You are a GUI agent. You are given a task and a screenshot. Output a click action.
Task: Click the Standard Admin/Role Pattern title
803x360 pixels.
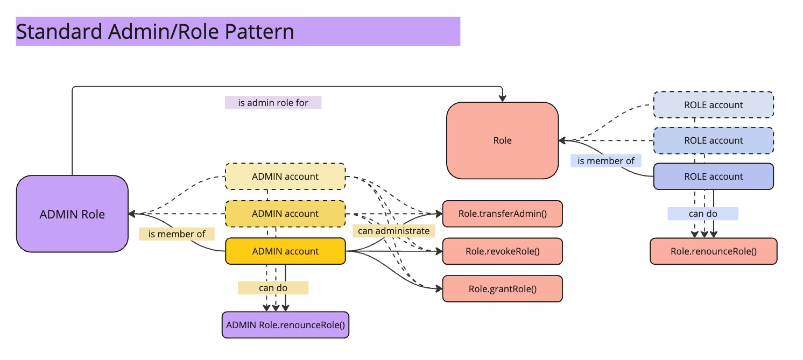pos(155,32)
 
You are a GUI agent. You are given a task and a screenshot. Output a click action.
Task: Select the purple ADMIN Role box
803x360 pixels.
pos(72,214)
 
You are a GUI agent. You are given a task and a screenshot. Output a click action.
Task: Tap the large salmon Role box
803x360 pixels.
pos(502,140)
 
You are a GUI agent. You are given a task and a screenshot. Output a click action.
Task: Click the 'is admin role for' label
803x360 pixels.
pos(273,102)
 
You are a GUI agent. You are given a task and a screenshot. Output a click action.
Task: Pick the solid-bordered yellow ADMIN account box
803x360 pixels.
pos(285,251)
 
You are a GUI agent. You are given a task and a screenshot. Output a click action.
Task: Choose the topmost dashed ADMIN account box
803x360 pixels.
pos(285,177)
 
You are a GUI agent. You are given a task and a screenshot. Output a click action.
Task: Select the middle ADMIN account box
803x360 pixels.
pos(285,214)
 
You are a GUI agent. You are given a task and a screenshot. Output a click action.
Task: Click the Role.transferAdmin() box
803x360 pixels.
pos(502,214)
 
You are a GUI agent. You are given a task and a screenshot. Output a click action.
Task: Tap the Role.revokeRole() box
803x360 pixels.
pos(502,251)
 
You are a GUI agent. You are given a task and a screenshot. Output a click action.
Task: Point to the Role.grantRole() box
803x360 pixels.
pos(502,288)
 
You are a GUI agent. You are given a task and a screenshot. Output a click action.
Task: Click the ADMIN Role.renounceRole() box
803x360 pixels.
pos(285,325)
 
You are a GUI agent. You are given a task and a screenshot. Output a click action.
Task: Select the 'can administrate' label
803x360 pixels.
pos(394,231)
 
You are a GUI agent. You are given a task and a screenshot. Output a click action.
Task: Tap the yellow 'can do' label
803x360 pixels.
pos(273,288)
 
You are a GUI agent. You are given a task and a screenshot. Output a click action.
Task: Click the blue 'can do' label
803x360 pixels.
pos(703,214)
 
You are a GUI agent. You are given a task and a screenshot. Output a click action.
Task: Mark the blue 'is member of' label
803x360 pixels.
pos(605,160)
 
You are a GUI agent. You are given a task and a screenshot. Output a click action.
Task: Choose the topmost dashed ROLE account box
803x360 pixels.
pos(713,105)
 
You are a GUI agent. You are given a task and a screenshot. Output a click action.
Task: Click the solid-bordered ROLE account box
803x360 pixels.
pos(713,177)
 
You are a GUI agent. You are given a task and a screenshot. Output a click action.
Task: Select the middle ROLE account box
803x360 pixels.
pos(713,140)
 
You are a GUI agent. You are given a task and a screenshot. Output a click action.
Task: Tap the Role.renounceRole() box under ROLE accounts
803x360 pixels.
pos(713,251)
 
